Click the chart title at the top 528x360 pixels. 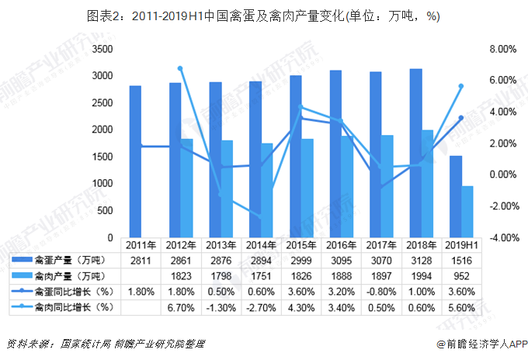click(264, 13)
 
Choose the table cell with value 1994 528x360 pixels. click(421, 275)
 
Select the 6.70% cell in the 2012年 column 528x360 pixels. click(181, 307)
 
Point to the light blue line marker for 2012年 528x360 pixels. click(180, 69)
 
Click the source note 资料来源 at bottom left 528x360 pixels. click(109, 342)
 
